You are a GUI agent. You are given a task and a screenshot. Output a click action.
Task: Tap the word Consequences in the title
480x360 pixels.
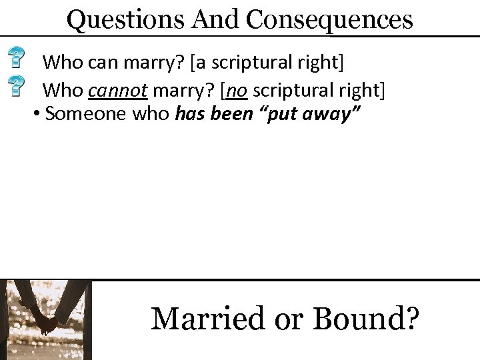[329, 20]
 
